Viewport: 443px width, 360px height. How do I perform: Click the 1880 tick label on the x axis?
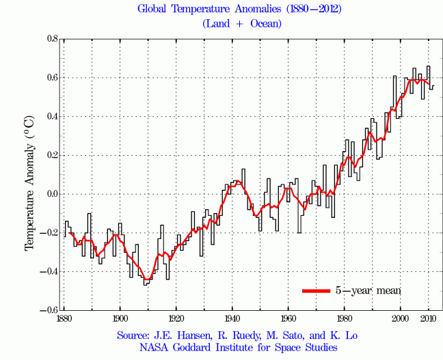coord(64,318)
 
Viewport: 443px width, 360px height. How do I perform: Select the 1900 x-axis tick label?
coord(120,318)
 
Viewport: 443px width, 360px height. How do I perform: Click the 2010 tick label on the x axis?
coord(429,318)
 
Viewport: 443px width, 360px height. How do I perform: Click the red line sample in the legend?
coord(316,290)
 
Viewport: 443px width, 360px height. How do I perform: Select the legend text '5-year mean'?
coord(367,290)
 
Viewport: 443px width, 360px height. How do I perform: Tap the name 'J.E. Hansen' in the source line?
coord(189,336)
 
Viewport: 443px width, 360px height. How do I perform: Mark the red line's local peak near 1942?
coord(237,181)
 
